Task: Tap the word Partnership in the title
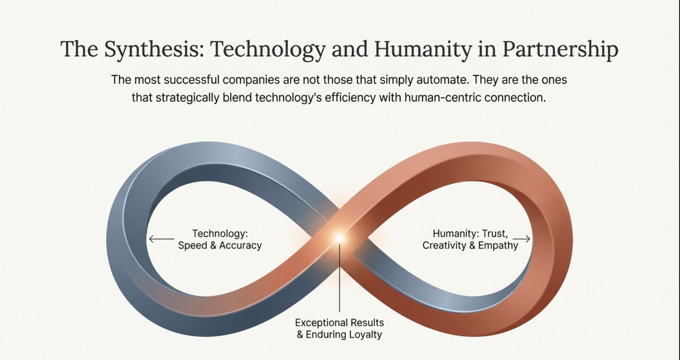pos(560,49)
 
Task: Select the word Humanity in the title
pos(423,49)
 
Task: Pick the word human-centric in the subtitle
pos(442,98)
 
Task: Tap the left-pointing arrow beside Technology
pos(161,239)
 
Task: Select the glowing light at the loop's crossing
pos(339,238)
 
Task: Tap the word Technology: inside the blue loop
pos(220,234)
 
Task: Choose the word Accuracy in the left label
pos(240,245)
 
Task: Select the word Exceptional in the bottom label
pos(321,323)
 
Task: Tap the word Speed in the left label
pos(192,246)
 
